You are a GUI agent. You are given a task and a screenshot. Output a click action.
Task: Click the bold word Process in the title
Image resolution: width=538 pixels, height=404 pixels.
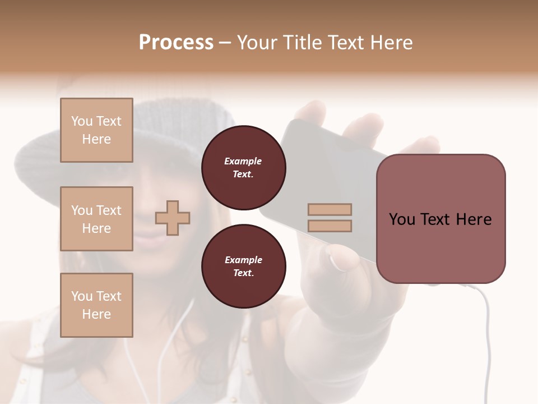click(176, 43)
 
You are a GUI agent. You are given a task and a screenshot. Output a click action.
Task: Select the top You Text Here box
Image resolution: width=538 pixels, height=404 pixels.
click(96, 130)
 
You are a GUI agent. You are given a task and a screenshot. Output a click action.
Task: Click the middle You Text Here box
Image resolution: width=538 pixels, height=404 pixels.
click(96, 219)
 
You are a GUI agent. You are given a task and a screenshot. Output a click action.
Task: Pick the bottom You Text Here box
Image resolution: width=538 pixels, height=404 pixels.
click(96, 305)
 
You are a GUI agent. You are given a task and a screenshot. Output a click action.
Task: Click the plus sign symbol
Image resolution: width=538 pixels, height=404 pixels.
click(173, 217)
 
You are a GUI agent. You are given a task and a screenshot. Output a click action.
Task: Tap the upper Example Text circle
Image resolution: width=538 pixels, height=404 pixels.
click(244, 168)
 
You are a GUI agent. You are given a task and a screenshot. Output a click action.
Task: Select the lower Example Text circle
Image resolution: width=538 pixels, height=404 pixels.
click(244, 267)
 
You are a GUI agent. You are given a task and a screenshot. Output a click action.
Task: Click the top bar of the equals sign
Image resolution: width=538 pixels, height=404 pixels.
click(330, 209)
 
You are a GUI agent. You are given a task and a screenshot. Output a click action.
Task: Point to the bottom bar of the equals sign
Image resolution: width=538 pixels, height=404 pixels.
click(330, 226)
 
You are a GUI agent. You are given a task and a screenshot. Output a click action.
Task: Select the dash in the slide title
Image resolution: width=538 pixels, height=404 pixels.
click(225, 43)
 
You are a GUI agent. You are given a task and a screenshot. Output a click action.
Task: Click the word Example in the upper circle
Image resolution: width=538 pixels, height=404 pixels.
click(243, 161)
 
